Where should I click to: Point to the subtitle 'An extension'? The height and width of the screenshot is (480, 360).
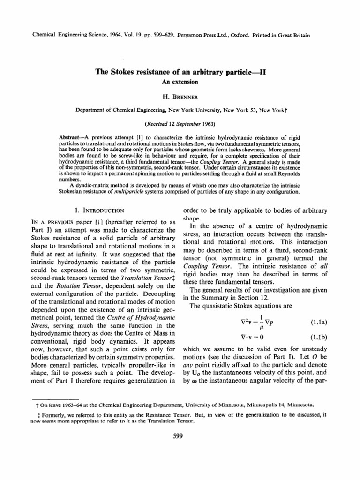coord(180,82)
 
